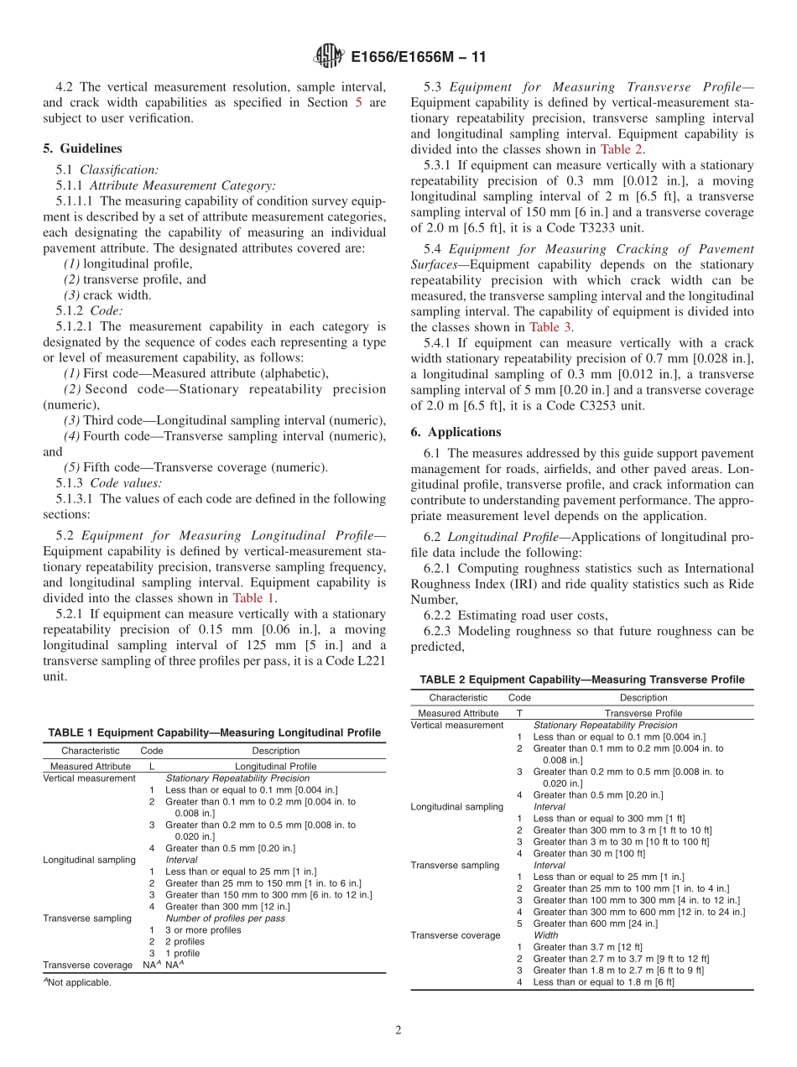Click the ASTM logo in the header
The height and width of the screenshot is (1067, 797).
(x=329, y=56)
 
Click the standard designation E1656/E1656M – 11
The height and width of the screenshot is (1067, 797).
(x=418, y=57)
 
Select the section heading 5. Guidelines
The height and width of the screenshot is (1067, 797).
(x=82, y=148)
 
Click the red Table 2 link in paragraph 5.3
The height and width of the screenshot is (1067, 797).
(x=622, y=149)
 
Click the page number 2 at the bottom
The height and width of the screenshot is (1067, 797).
(x=398, y=1031)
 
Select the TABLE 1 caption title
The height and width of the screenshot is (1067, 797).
(x=214, y=732)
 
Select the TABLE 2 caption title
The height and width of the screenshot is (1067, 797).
(x=581, y=679)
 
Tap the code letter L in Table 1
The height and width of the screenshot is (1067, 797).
(x=152, y=766)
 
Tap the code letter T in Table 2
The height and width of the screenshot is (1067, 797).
(x=519, y=713)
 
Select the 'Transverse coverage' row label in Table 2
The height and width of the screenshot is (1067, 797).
(x=455, y=935)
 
